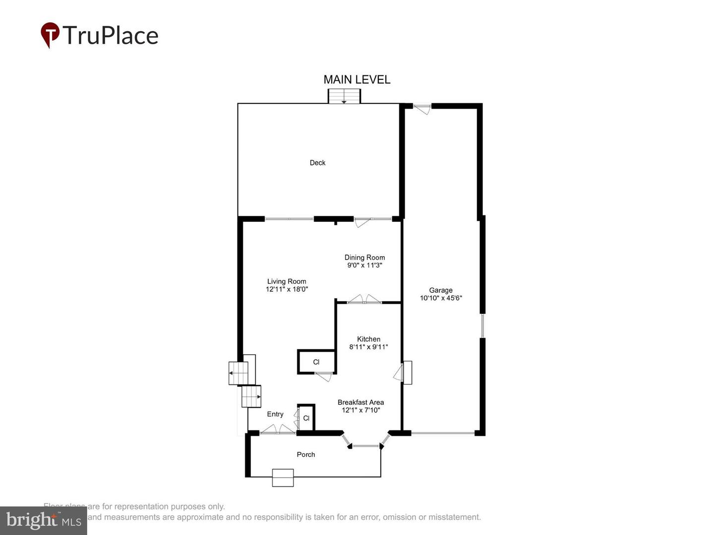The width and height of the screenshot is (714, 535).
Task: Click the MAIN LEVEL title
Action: tap(357, 80)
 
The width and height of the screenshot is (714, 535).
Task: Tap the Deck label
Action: tap(317, 162)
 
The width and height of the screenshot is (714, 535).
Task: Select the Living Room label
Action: tap(287, 281)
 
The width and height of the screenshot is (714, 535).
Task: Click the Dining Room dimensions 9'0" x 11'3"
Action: tap(364, 266)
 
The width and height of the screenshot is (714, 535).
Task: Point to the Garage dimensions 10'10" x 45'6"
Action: tap(441, 298)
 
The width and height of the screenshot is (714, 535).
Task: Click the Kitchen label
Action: tap(368, 339)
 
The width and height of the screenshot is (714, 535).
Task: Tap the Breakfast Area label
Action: tap(360, 402)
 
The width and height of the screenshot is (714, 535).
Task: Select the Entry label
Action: tap(275, 414)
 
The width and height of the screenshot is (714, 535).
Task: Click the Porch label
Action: tap(305, 454)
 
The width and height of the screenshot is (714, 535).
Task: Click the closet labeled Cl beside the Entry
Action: tap(306, 418)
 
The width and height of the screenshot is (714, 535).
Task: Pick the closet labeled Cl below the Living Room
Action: tap(316, 362)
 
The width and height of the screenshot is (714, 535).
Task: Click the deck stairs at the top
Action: tap(344, 96)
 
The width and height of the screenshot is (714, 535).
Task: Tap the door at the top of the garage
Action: tap(422, 108)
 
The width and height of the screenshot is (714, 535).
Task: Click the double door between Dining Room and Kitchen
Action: tap(364, 300)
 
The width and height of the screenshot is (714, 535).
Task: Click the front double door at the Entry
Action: tap(278, 430)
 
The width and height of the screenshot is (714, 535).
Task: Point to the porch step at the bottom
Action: tap(283, 478)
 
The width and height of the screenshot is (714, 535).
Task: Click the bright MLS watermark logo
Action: tap(44, 521)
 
